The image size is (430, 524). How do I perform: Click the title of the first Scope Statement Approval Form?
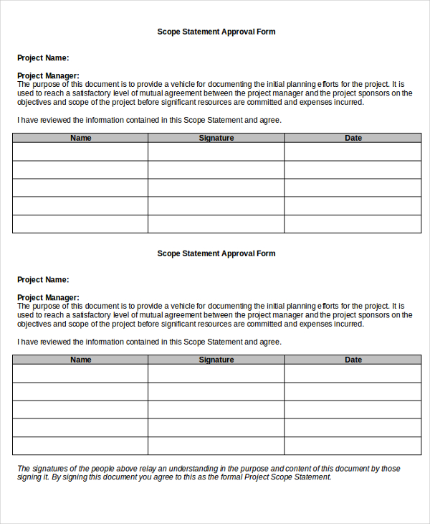[x=216, y=32]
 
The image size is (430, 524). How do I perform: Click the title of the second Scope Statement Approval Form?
[x=216, y=253]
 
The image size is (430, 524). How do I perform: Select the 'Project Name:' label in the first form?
[x=43, y=57]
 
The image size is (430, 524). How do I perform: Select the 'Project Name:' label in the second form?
[x=43, y=279]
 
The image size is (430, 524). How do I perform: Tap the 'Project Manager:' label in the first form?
[x=48, y=75]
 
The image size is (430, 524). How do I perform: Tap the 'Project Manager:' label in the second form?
[x=48, y=297]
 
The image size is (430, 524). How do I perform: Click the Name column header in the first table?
[x=81, y=138]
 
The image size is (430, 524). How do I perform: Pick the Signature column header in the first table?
[x=216, y=138]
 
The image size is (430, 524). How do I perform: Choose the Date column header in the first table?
[x=353, y=138]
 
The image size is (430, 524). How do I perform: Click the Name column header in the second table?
[x=81, y=360]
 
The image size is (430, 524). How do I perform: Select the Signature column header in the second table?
[x=216, y=360]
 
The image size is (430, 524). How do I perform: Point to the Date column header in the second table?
[x=353, y=360]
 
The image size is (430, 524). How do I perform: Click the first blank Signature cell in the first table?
[x=216, y=151]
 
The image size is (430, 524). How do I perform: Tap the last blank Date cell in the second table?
[x=353, y=446]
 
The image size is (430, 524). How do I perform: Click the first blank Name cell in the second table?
[x=80, y=373]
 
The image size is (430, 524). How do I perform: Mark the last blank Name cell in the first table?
[x=80, y=224]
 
